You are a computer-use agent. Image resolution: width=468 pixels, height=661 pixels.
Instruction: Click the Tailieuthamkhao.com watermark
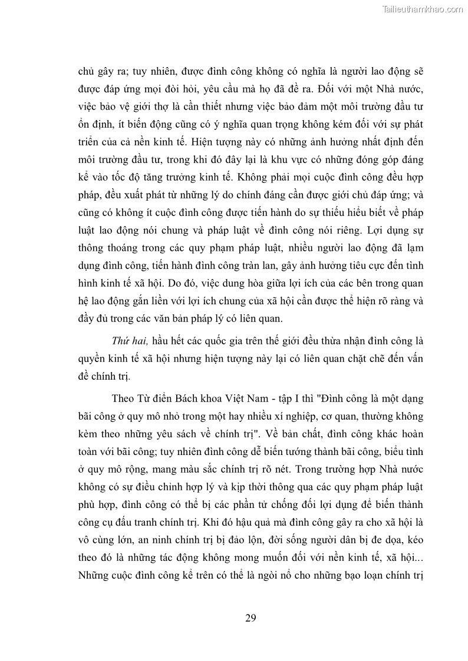tap(423, 9)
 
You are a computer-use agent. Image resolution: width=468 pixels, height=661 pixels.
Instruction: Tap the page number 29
tap(250, 617)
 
